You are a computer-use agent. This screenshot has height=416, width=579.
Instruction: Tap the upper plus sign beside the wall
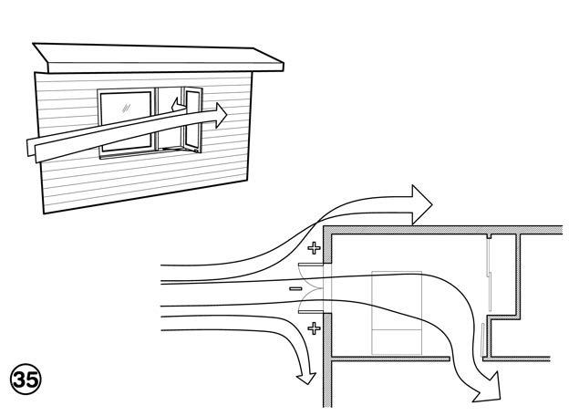315,247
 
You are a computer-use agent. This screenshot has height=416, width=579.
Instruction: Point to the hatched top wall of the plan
438,229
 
